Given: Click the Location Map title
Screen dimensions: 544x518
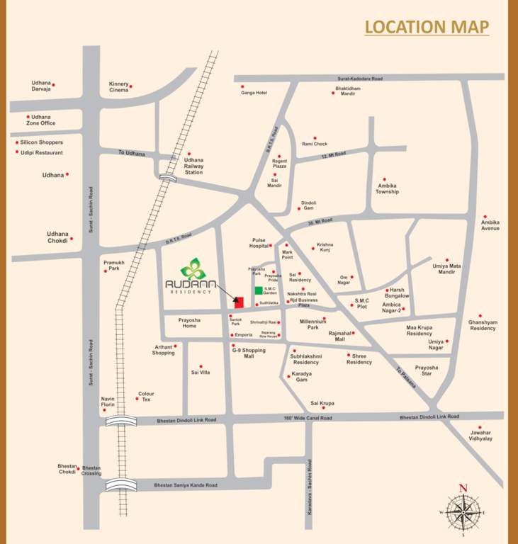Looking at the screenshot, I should [x=427, y=27].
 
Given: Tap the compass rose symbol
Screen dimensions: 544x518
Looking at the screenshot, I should [x=463, y=510].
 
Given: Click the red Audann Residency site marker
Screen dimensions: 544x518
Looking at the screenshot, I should [x=239, y=302].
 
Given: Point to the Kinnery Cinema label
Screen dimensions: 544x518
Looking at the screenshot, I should [x=119, y=87].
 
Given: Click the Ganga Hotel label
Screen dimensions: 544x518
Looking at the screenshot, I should [x=253, y=93].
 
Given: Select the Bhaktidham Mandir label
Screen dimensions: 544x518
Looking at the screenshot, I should [x=347, y=91].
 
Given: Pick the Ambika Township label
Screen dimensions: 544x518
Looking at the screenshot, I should [x=388, y=188].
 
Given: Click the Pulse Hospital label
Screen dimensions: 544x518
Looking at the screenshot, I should [x=258, y=243].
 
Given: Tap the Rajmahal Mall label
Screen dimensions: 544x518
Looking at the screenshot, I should [x=340, y=336].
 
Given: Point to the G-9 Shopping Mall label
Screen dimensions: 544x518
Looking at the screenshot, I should [x=249, y=353].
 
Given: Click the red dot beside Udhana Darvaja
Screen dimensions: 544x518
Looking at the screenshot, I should [x=53, y=85].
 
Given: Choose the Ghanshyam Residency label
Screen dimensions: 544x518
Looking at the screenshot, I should [x=482, y=325].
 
